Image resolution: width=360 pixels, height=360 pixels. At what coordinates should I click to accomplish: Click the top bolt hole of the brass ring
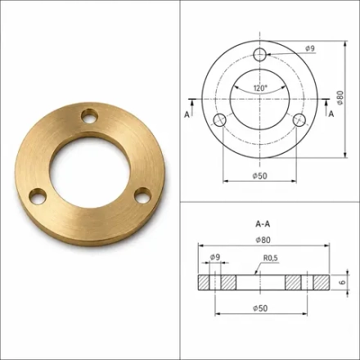[90, 115]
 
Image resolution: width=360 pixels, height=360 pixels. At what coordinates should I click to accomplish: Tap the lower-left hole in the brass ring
[38, 196]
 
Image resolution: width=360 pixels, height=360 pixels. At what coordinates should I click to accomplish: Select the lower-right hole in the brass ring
[142, 195]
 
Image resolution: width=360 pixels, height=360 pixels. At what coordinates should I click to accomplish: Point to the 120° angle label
[260, 88]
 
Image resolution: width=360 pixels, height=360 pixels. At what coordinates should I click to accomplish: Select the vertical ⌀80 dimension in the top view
[340, 97]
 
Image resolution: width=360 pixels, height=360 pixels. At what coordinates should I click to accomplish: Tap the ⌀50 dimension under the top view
[260, 176]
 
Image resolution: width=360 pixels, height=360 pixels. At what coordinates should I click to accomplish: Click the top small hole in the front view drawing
[259, 55]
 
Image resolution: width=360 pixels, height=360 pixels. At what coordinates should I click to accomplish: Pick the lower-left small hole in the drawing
[219, 120]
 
